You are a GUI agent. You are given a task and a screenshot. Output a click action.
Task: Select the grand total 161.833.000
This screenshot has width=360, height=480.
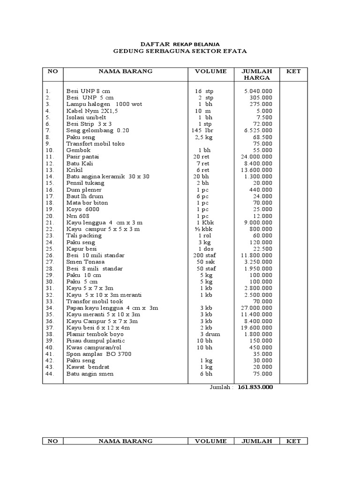point(255,388)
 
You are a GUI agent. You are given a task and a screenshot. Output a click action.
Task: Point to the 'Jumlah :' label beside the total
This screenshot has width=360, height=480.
point(221,388)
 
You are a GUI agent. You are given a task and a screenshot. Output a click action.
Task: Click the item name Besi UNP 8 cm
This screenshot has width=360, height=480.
point(89,91)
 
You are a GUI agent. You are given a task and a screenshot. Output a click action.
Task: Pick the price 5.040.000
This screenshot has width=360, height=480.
point(258,91)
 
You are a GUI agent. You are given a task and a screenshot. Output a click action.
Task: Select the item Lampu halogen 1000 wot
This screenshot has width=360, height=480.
point(104,104)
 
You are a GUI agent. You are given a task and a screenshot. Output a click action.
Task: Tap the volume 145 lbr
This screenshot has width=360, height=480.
point(204,130)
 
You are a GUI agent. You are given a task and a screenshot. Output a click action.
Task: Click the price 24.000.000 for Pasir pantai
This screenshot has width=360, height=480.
point(256,157)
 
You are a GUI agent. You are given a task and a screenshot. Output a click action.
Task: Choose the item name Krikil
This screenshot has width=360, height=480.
point(75,170)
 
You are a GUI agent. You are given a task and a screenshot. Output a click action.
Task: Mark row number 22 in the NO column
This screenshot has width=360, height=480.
point(50,229)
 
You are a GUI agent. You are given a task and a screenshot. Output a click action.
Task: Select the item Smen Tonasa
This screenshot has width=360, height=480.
point(85,262)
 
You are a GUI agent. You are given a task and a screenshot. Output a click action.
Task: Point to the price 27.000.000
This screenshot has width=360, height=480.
point(256,308)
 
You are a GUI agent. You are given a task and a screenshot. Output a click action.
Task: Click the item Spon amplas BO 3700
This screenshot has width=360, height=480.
point(99,354)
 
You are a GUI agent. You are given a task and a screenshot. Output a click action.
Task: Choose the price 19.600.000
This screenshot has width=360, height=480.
point(256,328)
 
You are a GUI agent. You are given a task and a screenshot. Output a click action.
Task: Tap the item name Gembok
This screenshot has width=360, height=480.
point(77,150)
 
